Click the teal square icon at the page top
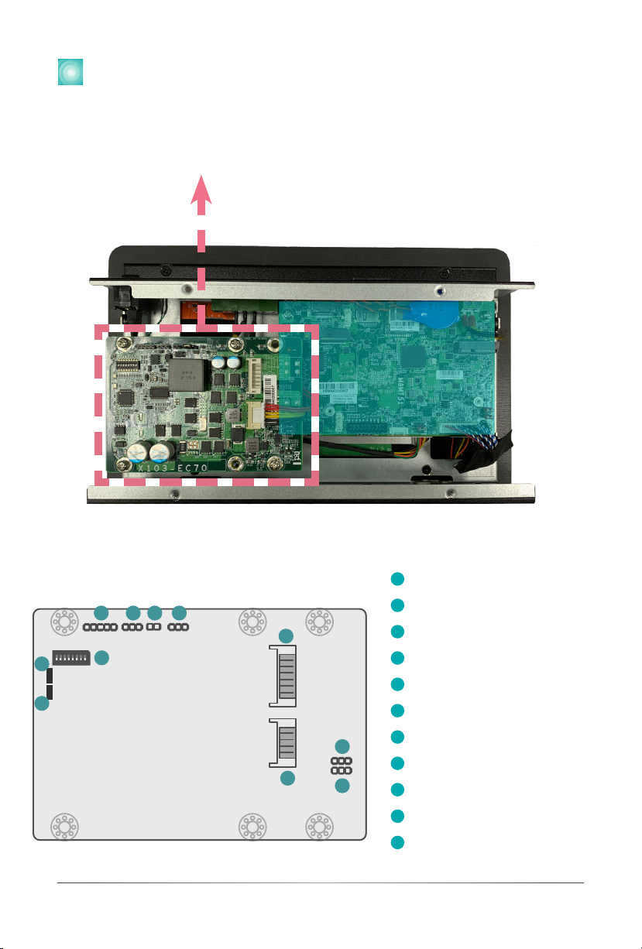tap(70, 70)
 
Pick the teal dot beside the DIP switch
tap(101, 658)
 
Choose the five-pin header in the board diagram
tap(101, 625)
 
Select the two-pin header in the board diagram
tap(154, 625)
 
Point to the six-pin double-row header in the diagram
tap(342, 766)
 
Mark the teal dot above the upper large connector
tap(287, 636)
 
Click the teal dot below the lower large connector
tap(287, 779)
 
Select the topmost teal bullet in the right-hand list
tap(397, 579)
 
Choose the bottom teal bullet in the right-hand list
tap(397, 842)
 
